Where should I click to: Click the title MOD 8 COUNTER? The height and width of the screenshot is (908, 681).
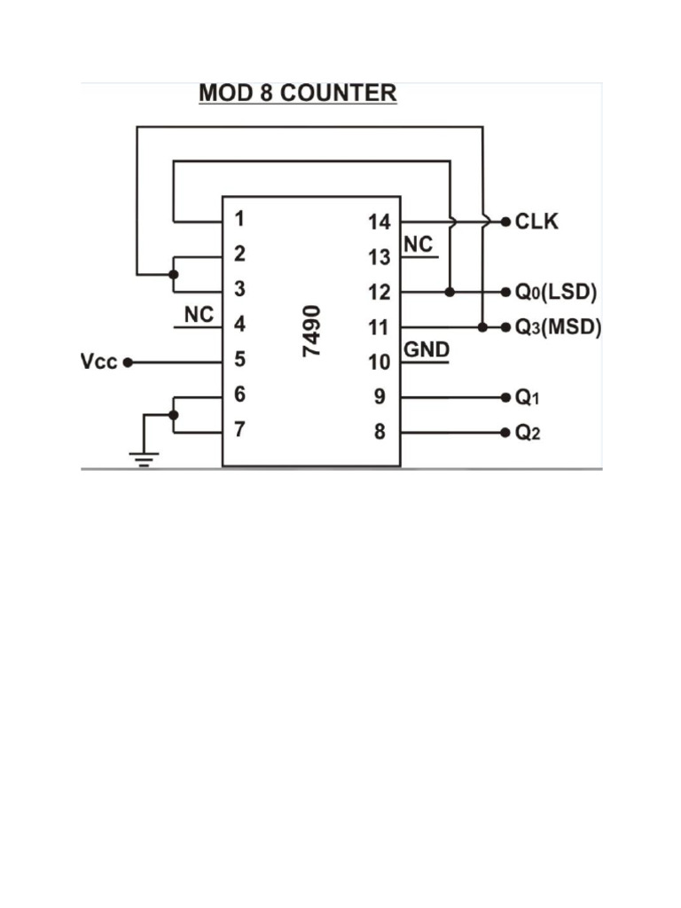(x=297, y=93)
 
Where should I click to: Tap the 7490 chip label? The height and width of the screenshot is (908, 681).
(x=313, y=331)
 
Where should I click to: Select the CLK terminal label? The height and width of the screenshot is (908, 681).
(x=537, y=222)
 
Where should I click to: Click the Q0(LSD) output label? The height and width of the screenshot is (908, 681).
(x=556, y=292)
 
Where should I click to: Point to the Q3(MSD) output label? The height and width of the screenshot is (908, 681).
(x=558, y=327)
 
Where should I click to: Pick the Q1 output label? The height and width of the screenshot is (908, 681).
(x=527, y=398)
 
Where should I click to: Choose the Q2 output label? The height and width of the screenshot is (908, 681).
(x=527, y=434)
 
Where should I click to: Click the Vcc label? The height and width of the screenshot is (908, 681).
(x=99, y=363)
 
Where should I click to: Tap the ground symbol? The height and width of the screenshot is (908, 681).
(x=144, y=457)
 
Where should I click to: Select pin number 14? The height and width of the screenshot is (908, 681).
(x=380, y=223)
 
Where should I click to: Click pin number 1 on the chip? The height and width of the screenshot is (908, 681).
(x=239, y=218)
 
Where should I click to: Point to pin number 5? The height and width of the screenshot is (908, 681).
(x=239, y=360)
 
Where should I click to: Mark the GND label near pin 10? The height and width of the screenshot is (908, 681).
(x=427, y=350)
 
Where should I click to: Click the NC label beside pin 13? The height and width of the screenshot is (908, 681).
(x=419, y=245)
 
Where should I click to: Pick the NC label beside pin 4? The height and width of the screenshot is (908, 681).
(x=199, y=315)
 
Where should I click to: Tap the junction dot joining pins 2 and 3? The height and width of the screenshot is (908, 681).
(x=174, y=274)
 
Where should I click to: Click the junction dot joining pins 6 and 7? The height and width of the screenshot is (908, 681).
(x=174, y=414)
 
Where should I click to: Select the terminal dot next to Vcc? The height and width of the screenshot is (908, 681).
(x=128, y=363)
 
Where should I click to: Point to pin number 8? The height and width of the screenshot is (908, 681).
(x=380, y=434)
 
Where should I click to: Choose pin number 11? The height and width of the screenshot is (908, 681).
(x=380, y=328)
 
